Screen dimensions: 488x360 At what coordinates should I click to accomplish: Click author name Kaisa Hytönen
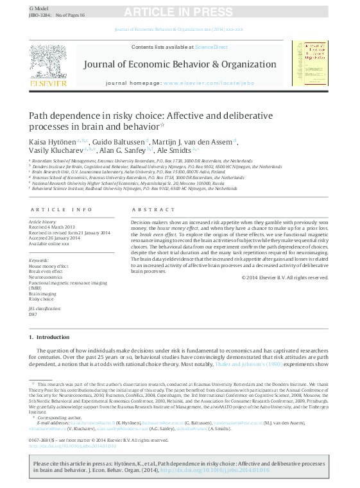(53, 140)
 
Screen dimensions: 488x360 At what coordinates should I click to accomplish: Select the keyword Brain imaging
(42, 293)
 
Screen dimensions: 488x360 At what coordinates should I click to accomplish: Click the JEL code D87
(33, 315)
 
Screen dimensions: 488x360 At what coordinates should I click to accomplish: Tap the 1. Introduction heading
(49, 337)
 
